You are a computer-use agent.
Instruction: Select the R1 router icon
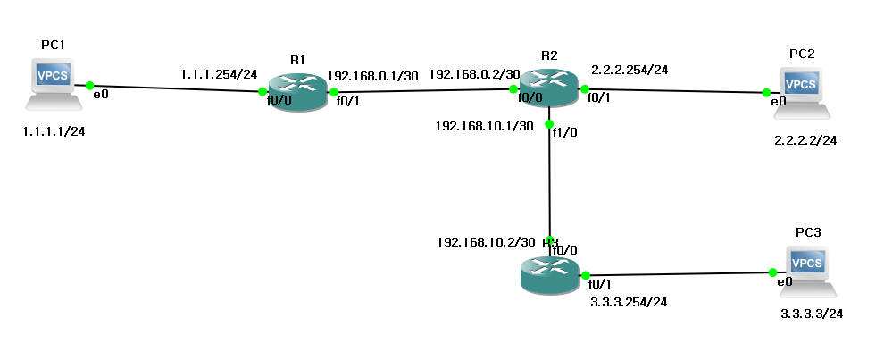(297, 92)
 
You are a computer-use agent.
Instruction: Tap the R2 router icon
(549, 88)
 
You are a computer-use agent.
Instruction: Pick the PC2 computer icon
(801, 89)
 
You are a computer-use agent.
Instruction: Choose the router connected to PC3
(549, 272)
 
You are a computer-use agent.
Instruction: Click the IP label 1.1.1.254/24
(218, 75)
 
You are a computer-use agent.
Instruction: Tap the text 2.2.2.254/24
(630, 69)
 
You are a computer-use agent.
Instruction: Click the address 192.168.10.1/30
(485, 126)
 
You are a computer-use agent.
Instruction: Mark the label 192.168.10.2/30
(486, 241)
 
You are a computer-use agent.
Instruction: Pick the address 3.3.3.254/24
(630, 302)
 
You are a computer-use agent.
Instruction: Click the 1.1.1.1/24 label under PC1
(59, 131)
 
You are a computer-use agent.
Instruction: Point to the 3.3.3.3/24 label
(812, 314)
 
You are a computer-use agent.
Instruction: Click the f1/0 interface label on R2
(564, 133)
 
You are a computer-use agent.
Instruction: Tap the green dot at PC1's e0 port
(90, 86)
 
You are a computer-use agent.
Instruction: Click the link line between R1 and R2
(423, 89)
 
